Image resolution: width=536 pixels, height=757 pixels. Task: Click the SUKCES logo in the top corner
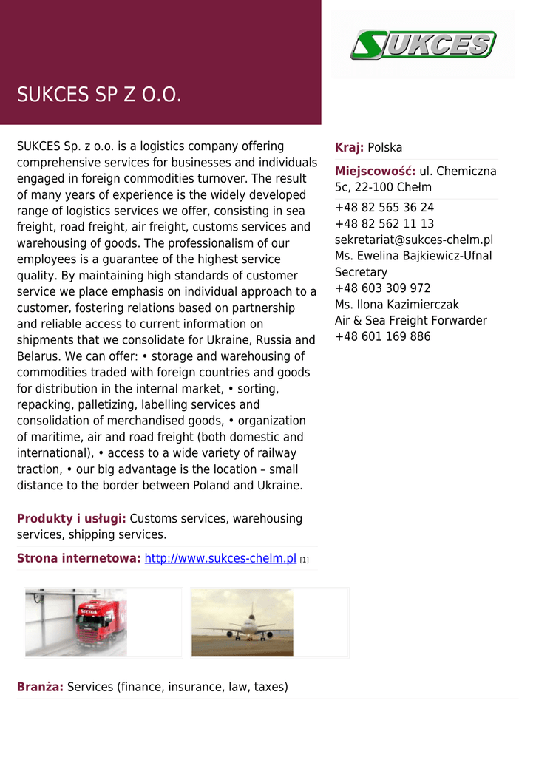coord(423,44)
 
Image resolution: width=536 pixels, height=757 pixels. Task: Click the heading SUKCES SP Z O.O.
coord(99,95)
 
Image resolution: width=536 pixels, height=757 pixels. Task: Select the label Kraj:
coord(349,147)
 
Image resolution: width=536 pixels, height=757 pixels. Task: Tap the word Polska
coord(385,147)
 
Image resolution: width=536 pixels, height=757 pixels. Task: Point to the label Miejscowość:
coord(375,171)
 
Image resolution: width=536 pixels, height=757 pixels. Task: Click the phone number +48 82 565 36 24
coord(384,207)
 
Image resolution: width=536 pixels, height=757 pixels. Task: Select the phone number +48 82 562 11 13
coord(384,223)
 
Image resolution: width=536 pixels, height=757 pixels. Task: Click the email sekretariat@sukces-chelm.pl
coord(414,240)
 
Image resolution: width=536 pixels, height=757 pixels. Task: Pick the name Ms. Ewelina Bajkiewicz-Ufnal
coord(413,256)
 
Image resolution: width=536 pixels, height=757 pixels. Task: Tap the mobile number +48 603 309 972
coord(382,288)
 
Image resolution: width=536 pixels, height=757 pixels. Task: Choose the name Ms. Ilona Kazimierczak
coord(397,305)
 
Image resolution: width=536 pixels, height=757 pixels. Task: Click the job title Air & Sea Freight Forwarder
coord(411,321)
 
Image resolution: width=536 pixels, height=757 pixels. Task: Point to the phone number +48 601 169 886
coord(382,337)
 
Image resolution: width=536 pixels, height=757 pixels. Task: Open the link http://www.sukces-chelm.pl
coord(220,558)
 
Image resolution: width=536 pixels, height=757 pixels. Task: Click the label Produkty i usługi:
coord(72,518)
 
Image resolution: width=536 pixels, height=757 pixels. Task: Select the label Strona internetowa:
coord(78,558)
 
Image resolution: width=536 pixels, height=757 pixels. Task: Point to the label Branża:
coord(40,687)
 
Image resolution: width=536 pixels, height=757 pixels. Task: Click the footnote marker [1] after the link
coord(304,560)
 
